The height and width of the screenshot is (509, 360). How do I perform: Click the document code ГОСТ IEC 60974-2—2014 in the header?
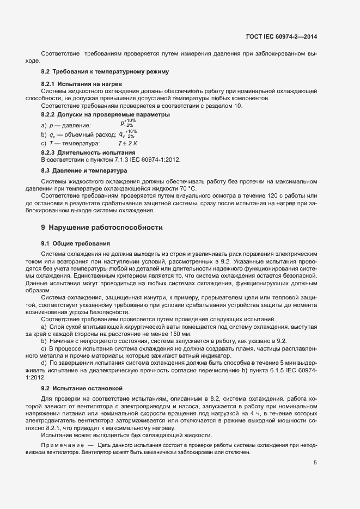pos(281,37)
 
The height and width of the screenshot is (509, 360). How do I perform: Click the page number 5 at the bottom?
pos(315,463)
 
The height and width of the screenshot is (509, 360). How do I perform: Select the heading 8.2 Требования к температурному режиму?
pos(105,72)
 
